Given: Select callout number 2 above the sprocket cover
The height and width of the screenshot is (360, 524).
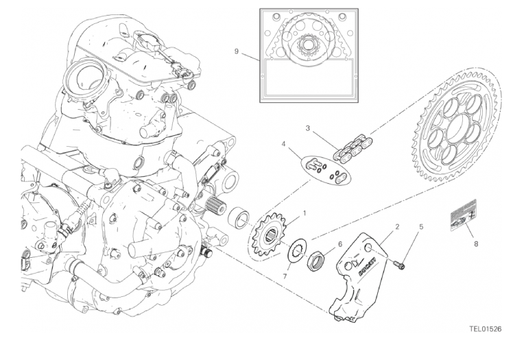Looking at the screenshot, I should click(397, 226).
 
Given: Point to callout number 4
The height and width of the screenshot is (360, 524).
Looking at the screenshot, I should click(283, 144).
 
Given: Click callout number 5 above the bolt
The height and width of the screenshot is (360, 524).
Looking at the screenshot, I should click(421, 226).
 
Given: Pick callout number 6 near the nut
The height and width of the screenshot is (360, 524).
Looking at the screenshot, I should click(340, 244).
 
